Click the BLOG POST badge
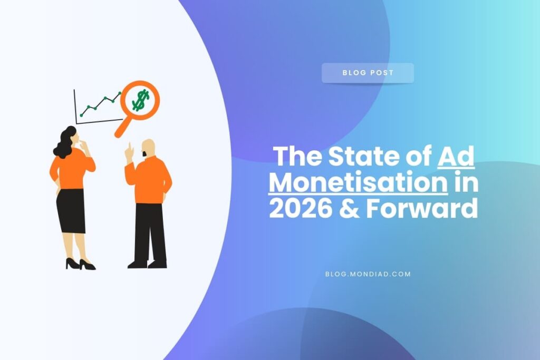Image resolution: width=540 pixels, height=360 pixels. pos(368,73)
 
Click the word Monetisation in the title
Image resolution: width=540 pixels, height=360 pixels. pos(359,183)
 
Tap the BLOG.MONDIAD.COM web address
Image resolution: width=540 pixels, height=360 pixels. pos(369,274)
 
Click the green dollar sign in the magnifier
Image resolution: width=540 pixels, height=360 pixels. pos(140,100)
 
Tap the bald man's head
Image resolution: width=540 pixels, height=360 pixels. pos(148,148)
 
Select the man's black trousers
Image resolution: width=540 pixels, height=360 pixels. pos(150,232)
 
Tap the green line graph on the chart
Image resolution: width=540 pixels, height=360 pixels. pos(100,104)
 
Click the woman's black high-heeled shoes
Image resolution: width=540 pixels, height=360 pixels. pos(80,264)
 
